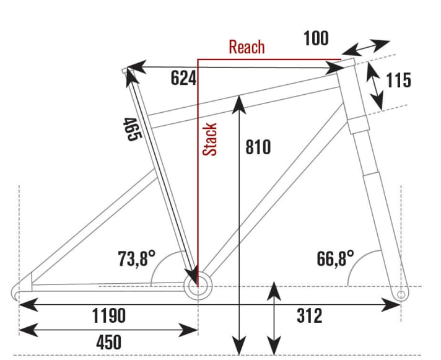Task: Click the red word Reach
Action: click(247, 47)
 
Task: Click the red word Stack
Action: click(211, 139)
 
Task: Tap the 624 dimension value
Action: click(183, 78)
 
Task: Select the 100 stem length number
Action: click(316, 38)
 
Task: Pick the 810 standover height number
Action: click(258, 147)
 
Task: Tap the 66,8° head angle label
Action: click(335, 258)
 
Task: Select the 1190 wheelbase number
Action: click(108, 316)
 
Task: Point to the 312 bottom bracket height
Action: click(308, 316)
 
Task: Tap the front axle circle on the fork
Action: click(401, 294)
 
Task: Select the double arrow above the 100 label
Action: click(365, 48)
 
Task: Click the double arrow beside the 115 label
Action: click(373, 85)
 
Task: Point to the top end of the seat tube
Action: click(129, 72)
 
